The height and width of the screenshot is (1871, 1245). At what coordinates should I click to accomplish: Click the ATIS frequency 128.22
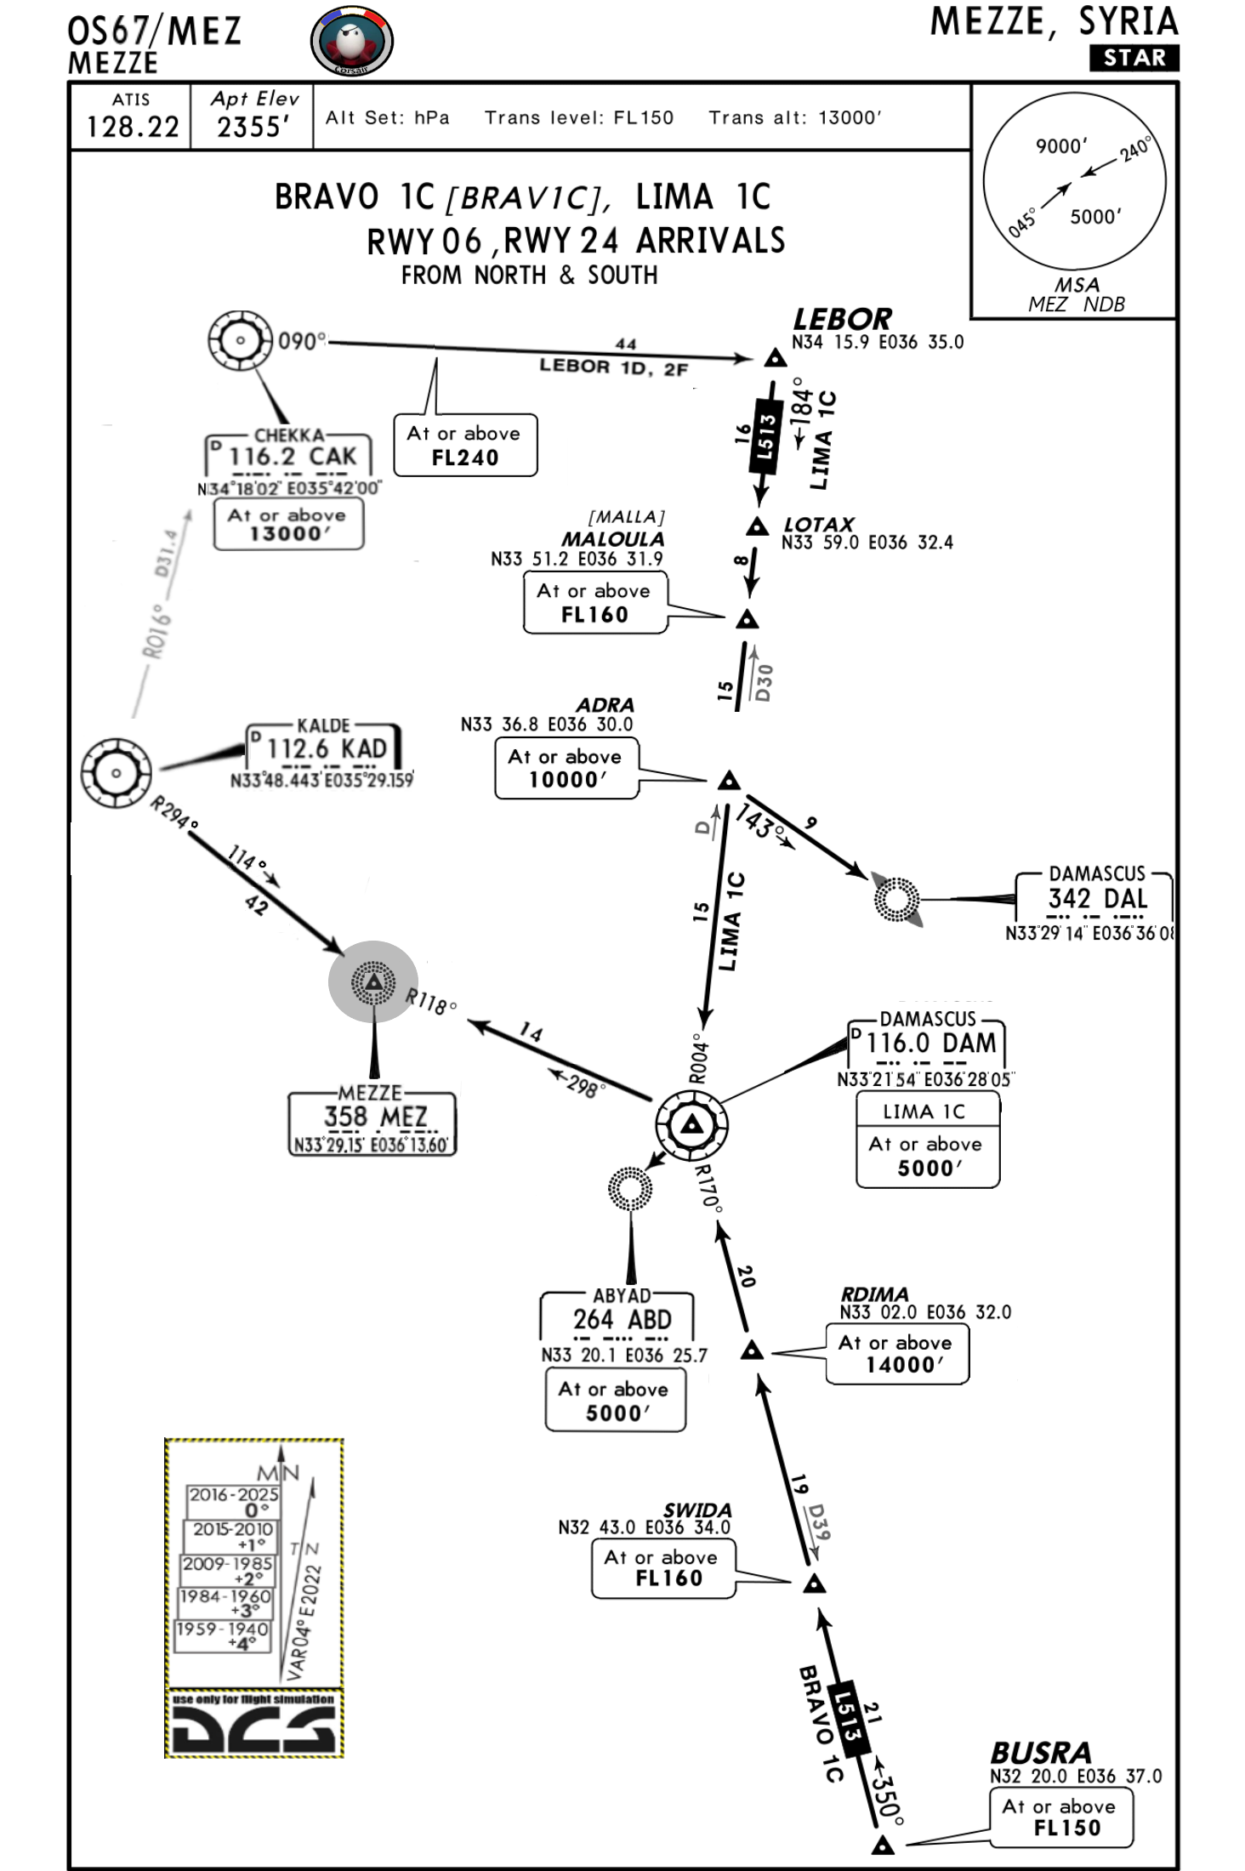pos(133,128)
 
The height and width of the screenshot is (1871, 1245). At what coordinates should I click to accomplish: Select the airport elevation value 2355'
pos(253,128)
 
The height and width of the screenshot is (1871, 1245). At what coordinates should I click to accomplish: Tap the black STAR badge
pos(1134,58)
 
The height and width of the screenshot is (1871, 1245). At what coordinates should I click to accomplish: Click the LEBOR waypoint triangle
pos(775,358)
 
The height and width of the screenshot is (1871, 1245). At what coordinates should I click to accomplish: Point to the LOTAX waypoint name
pos(819,524)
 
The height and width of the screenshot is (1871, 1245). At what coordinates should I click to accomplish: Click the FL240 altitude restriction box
pos(465,446)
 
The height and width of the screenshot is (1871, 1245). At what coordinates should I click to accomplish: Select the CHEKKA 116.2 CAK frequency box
pos(289,457)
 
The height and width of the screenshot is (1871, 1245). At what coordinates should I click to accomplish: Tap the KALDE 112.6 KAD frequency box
pos(325,748)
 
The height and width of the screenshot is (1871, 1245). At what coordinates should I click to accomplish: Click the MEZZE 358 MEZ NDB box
pos(372,1123)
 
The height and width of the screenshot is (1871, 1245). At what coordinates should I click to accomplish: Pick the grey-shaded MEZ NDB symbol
pos(373,982)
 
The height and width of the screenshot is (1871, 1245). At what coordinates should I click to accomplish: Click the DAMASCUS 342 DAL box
pos(1095,898)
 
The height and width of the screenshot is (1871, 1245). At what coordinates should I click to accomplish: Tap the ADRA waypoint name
pos(605,705)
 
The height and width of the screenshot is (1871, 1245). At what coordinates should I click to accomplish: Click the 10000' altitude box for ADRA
pos(566,768)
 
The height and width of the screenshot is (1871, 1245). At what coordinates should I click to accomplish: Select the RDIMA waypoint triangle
pos(752,1351)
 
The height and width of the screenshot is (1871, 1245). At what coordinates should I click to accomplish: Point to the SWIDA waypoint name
pos(697,1510)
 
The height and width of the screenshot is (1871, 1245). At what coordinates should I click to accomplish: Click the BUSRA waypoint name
pos(1040,1753)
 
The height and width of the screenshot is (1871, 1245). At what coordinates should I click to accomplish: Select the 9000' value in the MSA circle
pos(1060,146)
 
